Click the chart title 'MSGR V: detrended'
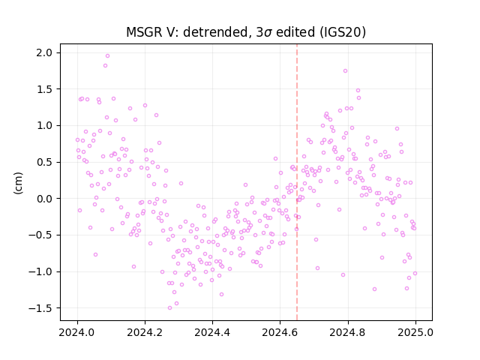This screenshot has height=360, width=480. click(187, 32)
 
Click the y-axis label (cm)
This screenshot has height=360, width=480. click(18, 183)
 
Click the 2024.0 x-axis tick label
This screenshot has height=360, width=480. click(77, 332)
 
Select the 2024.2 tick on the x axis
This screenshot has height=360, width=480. click(145, 332)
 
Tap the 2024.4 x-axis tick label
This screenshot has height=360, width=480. click(212, 332)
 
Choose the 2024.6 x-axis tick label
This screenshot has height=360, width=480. click(280, 332)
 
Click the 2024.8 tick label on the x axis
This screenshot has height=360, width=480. click(347, 332)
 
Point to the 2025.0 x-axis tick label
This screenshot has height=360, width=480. click(415, 332)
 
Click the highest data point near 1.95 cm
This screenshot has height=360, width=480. click(107, 56)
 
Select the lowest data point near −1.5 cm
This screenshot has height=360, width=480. click(170, 308)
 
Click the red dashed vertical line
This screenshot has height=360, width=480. click(297, 182)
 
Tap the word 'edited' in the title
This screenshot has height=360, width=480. click(295, 32)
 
